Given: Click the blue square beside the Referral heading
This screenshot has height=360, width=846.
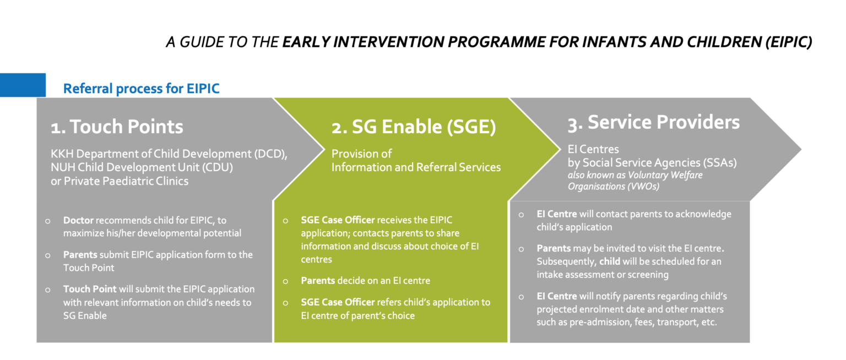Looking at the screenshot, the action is (23, 85).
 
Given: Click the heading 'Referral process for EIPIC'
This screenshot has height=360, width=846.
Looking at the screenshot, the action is (141, 89).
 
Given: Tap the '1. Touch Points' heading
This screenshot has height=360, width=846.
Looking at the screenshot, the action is (117, 127).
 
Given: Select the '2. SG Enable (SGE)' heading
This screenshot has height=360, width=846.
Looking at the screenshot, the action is (414, 127).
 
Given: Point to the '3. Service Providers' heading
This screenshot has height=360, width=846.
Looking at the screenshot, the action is (654, 122).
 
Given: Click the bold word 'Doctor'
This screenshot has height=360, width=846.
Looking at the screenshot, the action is (78, 220).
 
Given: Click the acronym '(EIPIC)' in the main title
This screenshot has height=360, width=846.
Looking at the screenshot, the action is (789, 42).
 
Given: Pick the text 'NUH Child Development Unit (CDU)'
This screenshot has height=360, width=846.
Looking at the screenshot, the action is (142, 167).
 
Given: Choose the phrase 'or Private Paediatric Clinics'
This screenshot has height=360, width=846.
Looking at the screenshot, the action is (120, 181).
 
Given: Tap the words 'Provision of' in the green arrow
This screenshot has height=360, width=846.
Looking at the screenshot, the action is (361, 154).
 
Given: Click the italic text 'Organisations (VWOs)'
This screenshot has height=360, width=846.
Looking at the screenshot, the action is (614, 187).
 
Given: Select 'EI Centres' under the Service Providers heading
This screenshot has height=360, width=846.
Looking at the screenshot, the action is (593, 149).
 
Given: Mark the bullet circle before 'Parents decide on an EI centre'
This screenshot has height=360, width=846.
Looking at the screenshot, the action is (285, 281).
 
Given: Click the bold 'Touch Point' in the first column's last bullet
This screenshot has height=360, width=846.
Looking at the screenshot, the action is (90, 289).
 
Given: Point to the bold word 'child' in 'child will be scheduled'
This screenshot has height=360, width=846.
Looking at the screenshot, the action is (610, 261).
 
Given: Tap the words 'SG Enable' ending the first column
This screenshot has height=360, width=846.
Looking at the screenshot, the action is (85, 315).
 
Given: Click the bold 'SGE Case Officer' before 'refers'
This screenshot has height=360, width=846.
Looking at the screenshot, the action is (338, 302).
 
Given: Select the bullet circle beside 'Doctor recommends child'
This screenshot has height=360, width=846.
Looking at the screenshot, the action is (47, 221).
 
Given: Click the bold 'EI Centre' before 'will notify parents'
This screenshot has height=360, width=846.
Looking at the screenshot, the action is (557, 296).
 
